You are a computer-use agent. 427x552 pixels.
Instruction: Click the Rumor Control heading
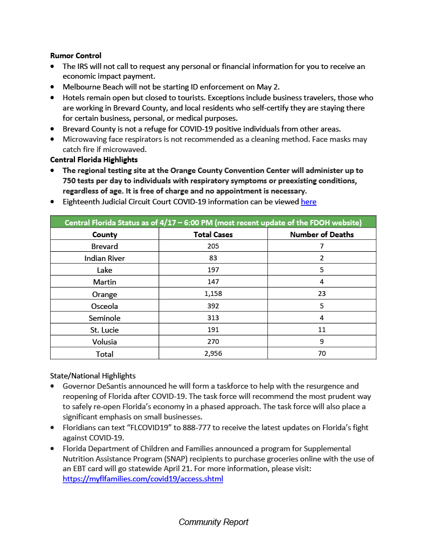(75, 56)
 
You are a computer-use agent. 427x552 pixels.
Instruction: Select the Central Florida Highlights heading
(94, 160)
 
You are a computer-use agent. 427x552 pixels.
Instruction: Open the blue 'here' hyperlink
(308, 202)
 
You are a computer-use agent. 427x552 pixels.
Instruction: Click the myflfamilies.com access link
(143, 479)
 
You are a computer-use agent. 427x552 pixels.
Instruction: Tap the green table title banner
(213, 222)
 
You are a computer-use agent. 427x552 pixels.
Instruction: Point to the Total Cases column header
(213, 234)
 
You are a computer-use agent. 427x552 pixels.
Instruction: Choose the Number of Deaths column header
(322, 234)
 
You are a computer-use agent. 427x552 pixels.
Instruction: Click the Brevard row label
(105, 246)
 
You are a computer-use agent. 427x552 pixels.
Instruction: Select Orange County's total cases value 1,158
(213, 294)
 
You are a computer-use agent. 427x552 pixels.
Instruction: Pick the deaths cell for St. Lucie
(322, 329)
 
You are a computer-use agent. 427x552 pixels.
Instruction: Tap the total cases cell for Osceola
(213, 306)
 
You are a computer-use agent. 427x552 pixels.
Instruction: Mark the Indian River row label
(105, 258)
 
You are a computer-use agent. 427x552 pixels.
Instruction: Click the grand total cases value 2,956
(213, 354)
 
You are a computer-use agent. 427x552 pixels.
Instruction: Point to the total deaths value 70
(322, 354)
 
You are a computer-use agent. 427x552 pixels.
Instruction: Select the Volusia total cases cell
(213, 341)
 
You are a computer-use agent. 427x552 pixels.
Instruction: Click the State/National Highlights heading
(93, 376)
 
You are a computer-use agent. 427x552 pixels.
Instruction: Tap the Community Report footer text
(213, 522)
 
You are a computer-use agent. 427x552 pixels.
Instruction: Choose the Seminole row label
(105, 318)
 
